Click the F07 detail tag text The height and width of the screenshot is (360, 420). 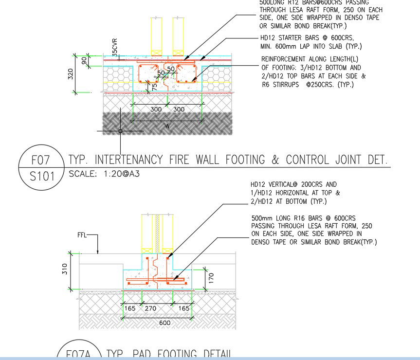[x=40, y=160]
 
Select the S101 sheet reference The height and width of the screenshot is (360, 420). [x=40, y=176]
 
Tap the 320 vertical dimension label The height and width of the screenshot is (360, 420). [x=71, y=74]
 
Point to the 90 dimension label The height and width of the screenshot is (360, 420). [x=84, y=60]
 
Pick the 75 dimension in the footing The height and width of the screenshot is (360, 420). [x=154, y=86]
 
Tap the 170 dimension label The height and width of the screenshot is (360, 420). [x=211, y=278]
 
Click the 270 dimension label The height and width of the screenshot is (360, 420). [x=151, y=308]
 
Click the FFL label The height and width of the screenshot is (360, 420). [x=83, y=235]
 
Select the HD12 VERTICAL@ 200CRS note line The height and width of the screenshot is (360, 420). [x=293, y=185]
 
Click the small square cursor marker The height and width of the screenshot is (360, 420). [x=120, y=131]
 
